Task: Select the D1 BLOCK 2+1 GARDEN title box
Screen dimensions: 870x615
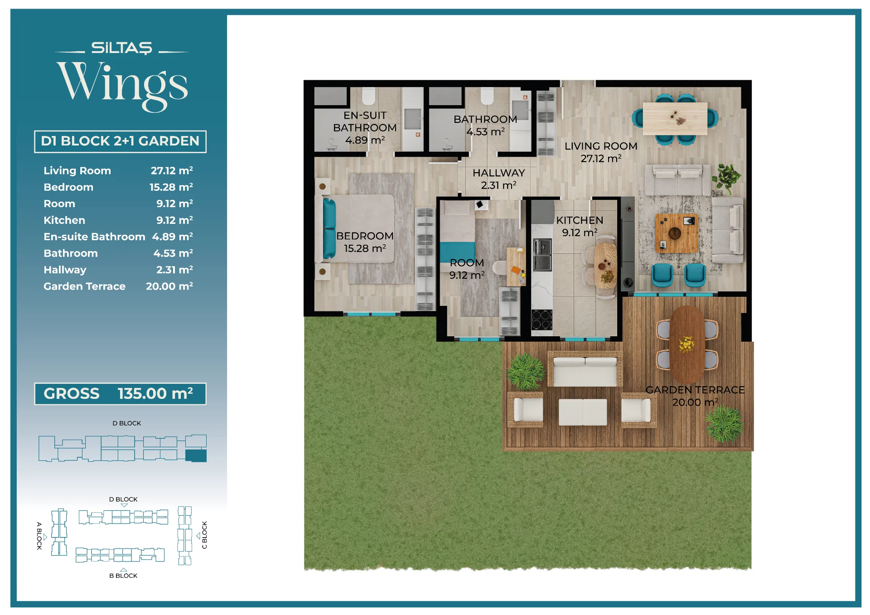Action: (120, 141)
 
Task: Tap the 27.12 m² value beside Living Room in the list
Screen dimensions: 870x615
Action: (172, 170)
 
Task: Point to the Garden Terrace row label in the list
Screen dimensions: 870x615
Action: (84, 286)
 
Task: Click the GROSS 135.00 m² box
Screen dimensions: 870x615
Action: (120, 393)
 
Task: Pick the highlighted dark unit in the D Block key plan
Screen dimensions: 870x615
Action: (196, 455)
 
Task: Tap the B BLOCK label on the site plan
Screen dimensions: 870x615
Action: (123, 576)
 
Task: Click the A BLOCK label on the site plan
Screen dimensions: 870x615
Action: (39, 536)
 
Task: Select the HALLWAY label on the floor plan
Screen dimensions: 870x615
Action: (498, 173)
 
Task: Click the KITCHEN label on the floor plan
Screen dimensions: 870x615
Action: (580, 220)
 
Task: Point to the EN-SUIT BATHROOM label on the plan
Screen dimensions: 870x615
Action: (365, 121)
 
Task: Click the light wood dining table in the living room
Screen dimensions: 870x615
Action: (675, 118)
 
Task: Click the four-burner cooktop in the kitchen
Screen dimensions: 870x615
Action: (542, 320)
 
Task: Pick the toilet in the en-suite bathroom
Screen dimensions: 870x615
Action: (368, 96)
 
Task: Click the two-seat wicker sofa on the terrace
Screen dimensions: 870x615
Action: (585, 369)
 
